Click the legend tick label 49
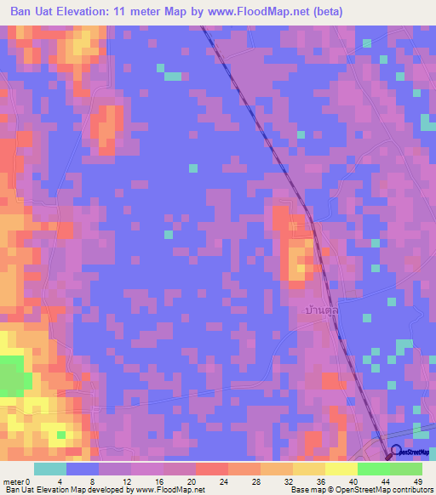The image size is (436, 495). click(417, 481)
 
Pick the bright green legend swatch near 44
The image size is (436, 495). click(373, 469)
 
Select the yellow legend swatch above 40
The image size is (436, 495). click(341, 469)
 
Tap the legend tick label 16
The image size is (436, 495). click(163, 481)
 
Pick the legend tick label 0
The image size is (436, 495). click(30, 481)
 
